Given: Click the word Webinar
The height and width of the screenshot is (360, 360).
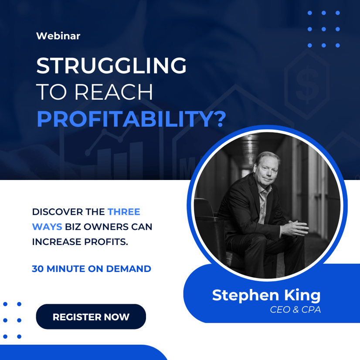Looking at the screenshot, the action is pyautogui.click(x=58, y=36).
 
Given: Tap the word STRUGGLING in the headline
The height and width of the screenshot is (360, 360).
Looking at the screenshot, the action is pyautogui.click(x=111, y=66).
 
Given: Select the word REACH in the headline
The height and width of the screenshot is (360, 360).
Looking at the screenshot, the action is pyautogui.click(x=114, y=92).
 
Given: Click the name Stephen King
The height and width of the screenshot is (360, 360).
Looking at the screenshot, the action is pyautogui.click(x=266, y=295).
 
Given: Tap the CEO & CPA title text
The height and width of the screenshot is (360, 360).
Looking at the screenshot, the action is pyautogui.click(x=295, y=309).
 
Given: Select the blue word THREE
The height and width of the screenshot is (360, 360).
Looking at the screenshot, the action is pyautogui.click(x=124, y=212).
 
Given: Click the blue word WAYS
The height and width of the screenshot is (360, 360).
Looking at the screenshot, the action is pyautogui.click(x=47, y=227).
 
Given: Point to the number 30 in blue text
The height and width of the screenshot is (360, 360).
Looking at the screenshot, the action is pyautogui.click(x=37, y=269).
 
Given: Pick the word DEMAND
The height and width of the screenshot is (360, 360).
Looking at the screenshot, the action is pyautogui.click(x=129, y=269).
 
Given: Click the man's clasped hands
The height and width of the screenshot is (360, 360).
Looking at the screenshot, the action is pyautogui.click(x=295, y=228).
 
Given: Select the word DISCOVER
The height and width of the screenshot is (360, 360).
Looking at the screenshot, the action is pyautogui.click(x=58, y=212).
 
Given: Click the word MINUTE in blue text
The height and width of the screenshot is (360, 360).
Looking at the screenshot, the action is pyautogui.click(x=66, y=269).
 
